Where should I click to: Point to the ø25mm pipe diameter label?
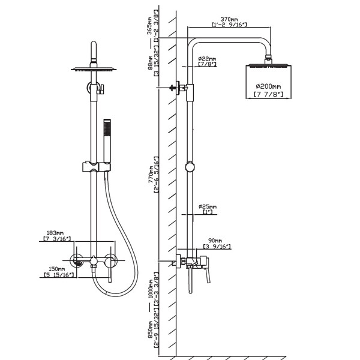click(x=208, y=206)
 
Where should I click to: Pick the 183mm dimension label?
click(x=55, y=233)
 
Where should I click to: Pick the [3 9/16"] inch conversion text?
click(x=218, y=246)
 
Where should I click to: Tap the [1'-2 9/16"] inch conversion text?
click(x=230, y=25)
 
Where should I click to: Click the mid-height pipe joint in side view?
click(x=190, y=166)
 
